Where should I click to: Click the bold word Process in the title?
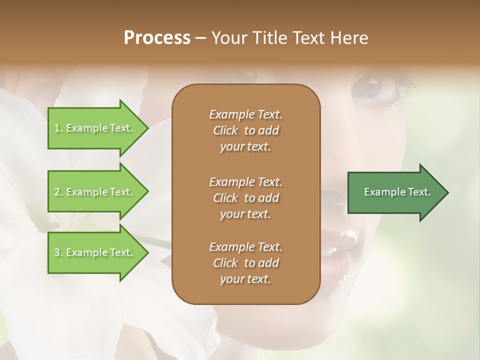tap(157, 38)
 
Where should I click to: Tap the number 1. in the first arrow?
tap(58, 128)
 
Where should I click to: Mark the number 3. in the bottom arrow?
tap(58, 253)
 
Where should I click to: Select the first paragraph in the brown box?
tap(245, 130)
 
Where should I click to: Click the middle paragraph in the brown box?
tap(245, 198)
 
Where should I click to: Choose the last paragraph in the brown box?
tap(245, 263)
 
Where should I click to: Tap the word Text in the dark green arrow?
tap(419, 192)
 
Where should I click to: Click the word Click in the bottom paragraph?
tap(225, 263)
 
